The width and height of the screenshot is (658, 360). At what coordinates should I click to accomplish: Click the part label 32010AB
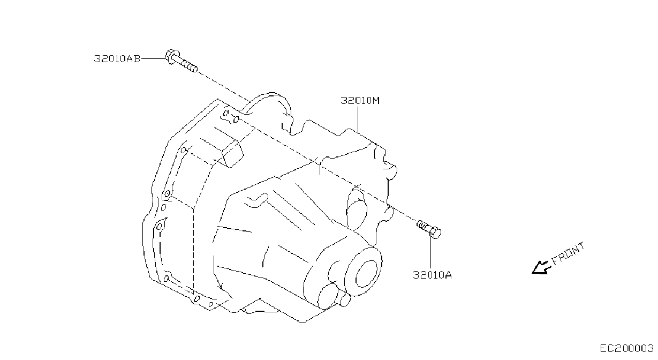pos(117,59)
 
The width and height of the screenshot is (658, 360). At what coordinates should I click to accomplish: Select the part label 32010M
pos(360,101)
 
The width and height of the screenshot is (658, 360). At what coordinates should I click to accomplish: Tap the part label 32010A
pos(432,275)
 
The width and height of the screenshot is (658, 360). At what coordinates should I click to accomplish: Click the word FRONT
pos(568,253)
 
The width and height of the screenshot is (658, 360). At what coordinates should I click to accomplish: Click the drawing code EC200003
pos(626,349)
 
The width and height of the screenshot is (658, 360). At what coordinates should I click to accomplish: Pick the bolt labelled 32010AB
pos(181,61)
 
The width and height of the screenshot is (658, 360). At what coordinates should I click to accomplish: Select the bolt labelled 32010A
pos(429,229)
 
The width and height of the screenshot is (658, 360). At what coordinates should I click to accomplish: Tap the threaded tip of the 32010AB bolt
pos(190,66)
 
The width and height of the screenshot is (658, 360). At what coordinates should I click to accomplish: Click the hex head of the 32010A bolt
pos(435,233)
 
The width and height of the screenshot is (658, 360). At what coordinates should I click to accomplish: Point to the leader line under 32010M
pos(358,119)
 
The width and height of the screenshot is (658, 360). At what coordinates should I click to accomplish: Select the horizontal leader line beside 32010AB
pos(153,59)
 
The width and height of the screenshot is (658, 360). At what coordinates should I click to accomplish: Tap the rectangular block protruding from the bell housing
pos(233,154)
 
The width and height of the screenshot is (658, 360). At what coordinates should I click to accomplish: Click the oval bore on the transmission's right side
pos(357,209)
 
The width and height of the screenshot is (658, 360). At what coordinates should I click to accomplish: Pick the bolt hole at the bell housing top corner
pos(226,113)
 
